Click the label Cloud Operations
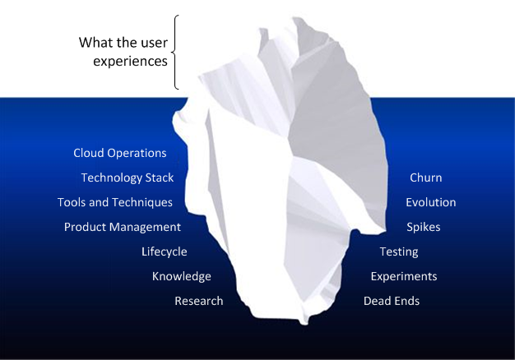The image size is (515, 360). click(120, 153)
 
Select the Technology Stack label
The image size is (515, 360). click(128, 178)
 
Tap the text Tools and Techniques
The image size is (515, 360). click(115, 202)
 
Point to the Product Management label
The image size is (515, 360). click(123, 227)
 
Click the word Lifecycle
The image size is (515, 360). click(165, 252)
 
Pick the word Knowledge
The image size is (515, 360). click(182, 276)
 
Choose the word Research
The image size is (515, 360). click(199, 301)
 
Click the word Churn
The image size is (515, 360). click(426, 178)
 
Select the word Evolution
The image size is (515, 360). click(431, 202)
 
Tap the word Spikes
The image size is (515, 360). click(424, 227)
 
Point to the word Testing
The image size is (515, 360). click(399, 252)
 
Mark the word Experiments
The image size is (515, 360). click(404, 276)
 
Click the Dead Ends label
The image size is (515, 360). click(392, 301)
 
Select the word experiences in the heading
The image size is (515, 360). click(130, 62)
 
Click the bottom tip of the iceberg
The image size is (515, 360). click(304, 325)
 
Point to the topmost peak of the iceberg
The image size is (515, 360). click(294, 18)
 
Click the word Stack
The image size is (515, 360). click(160, 178)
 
